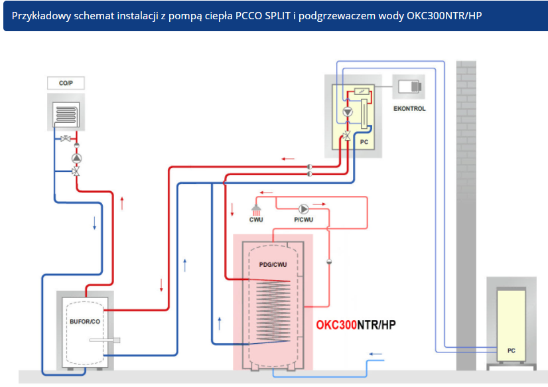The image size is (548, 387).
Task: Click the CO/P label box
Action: pyautogui.click(x=66, y=84)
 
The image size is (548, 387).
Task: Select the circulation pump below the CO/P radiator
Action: pyautogui.click(x=77, y=158)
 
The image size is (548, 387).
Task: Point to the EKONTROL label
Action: pyautogui.click(x=409, y=108)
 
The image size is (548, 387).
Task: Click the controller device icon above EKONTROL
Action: pyautogui.click(x=409, y=86)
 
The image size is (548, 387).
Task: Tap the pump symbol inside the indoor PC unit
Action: pyautogui.click(x=348, y=112)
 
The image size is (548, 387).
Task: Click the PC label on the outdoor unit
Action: pyautogui.click(x=511, y=350)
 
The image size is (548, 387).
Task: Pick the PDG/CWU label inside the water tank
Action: pyautogui.click(x=273, y=264)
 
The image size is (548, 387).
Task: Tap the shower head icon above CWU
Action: pyautogui.click(x=256, y=209)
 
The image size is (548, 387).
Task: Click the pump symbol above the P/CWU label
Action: pyautogui.click(x=304, y=207)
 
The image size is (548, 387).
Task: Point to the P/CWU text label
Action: pyautogui.click(x=303, y=220)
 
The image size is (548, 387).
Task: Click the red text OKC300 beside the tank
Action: pyautogui.click(x=337, y=325)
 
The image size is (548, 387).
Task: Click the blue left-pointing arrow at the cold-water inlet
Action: pyautogui.click(x=376, y=354)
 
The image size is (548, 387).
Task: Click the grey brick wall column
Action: pyautogui.click(x=466, y=212)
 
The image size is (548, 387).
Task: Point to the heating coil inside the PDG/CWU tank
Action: pyautogui.click(x=269, y=312)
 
